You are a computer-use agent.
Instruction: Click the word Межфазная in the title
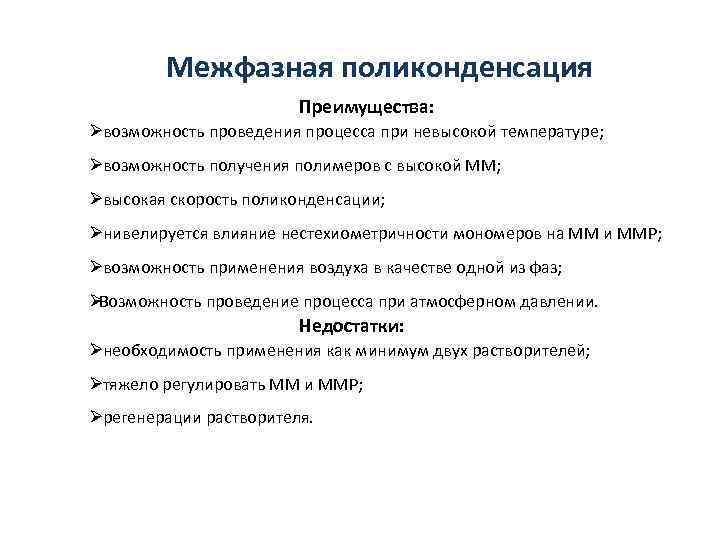pos(249,68)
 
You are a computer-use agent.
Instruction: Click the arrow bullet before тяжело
pos(92,383)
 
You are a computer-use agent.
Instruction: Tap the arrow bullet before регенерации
pos(92,417)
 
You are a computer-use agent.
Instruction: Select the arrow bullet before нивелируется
pos(92,232)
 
